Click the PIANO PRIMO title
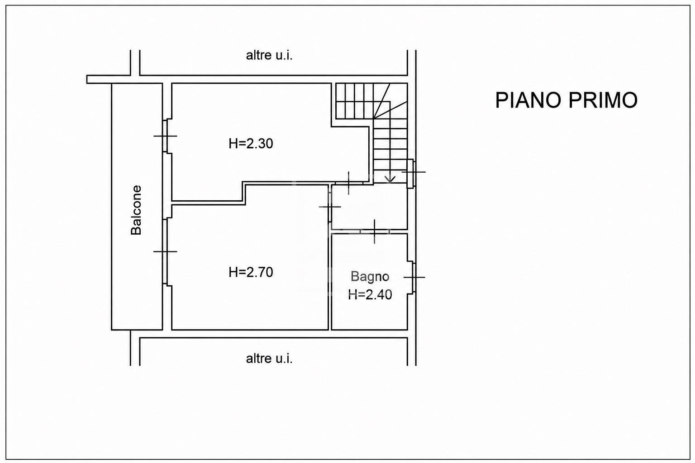tap(566, 100)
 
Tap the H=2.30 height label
tap(251, 144)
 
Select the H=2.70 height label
tap(251, 272)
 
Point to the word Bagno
tap(370, 277)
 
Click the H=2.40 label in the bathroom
tap(370, 295)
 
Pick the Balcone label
tap(136, 210)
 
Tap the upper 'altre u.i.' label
tap(269, 56)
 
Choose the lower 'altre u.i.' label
tap(269, 359)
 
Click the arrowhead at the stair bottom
tap(390, 180)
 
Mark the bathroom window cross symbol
tap(414, 277)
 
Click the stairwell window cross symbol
tap(414, 171)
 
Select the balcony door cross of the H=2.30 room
tap(165, 136)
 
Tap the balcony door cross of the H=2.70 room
tap(165, 251)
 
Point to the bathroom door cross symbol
tap(375, 231)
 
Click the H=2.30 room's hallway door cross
tap(349, 183)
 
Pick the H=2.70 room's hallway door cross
tap(330, 207)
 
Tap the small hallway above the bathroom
tap(369, 206)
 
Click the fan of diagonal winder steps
tap(390, 101)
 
